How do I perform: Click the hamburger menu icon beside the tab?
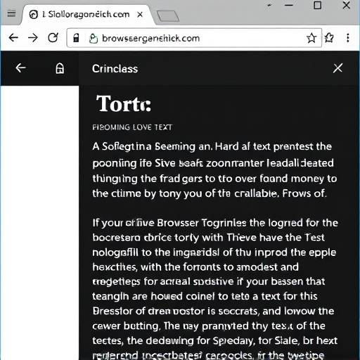[x=11, y=13]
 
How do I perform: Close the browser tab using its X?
[x=141, y=14]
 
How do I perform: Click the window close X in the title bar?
[x=345, y=6]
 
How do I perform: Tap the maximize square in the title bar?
[x=317, y=6]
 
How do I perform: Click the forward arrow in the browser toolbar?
[x=33, y=38]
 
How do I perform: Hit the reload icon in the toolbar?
[x=53, y=38]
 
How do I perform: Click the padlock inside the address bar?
[x=77, y=39]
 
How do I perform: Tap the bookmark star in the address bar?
[x=311, y=38]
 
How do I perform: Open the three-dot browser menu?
[x=348, y=38]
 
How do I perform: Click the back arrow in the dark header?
[x=20, y=68]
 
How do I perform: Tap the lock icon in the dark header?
[x=60, y=68]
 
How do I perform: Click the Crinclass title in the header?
[x=115, y=68]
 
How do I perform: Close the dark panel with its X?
[x=337, y=68]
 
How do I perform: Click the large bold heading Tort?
[x=123, y=105]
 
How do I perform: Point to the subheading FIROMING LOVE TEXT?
[x=132, y=127]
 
